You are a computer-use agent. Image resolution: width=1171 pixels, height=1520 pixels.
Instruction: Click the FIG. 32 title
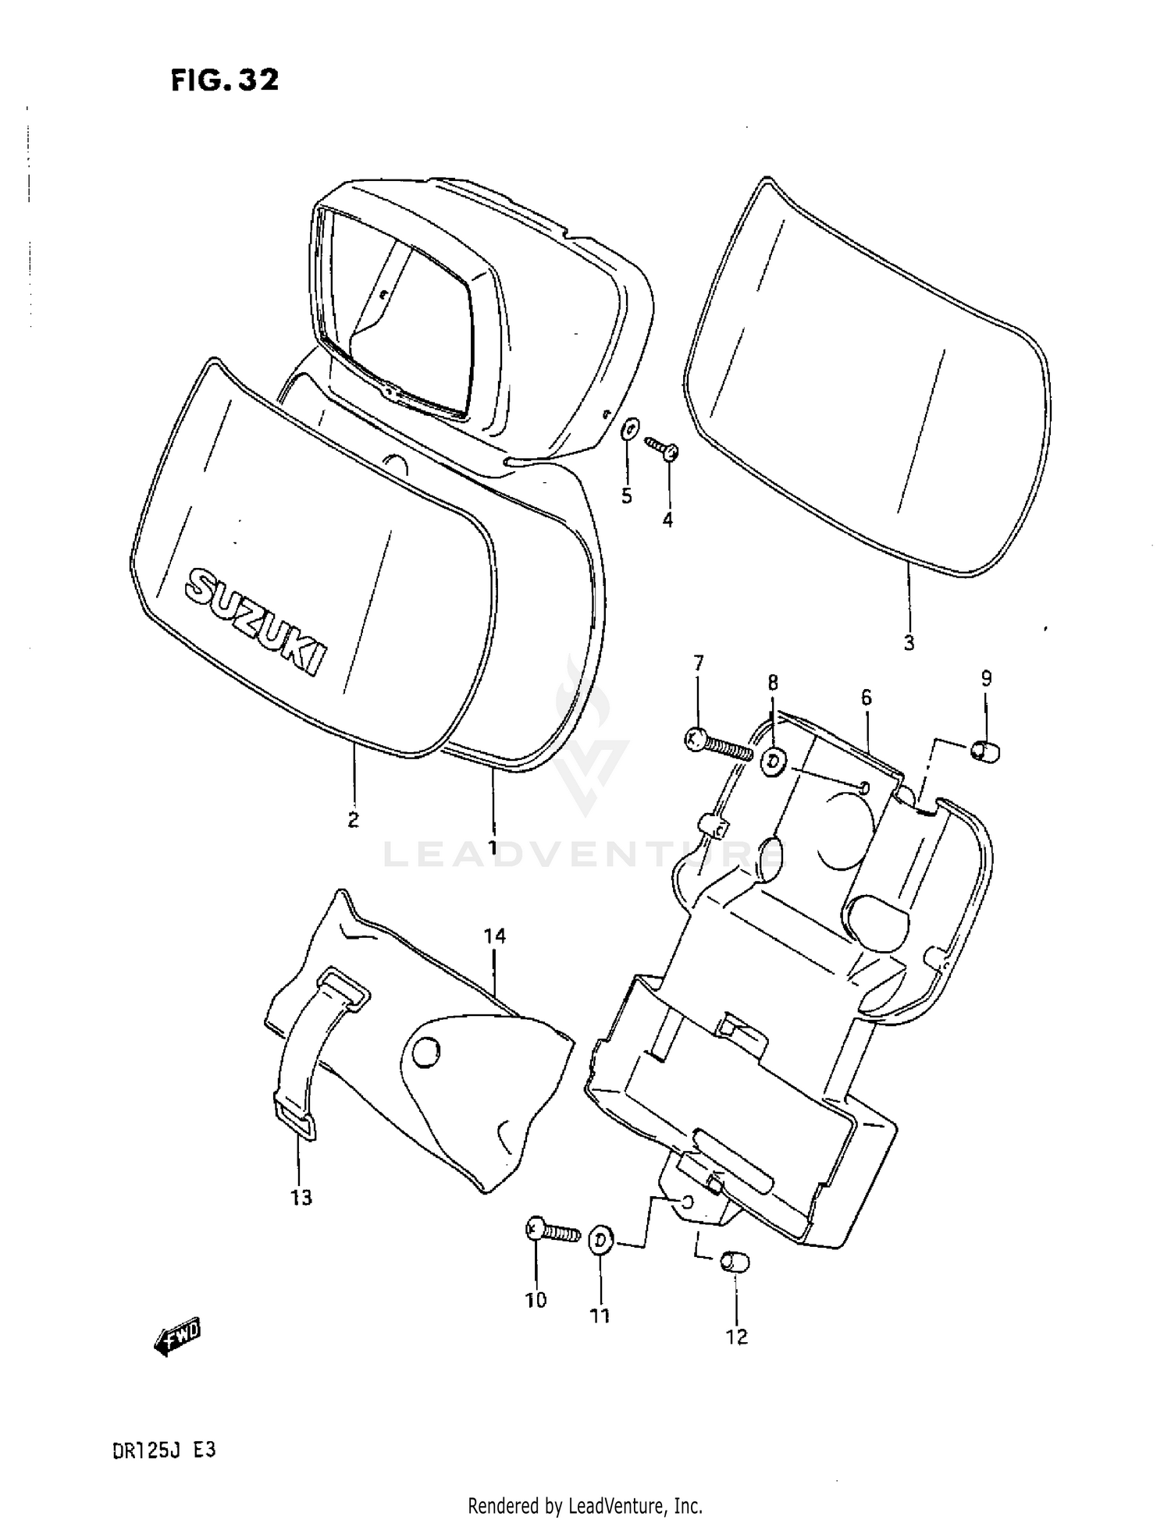tap(224, 80)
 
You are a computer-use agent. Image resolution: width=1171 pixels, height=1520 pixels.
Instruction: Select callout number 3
tap(909, 644)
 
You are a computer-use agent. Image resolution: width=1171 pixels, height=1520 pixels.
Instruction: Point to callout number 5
tap(627, 496)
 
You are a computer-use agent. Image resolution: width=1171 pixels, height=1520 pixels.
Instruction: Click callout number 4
tap(667, 520)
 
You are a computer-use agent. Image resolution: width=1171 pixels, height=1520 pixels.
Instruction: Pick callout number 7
tap(698, 663)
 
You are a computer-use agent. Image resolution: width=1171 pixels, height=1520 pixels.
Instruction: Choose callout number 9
tap(986, 678)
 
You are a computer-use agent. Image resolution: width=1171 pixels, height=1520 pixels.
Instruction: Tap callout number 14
tap(495, 936)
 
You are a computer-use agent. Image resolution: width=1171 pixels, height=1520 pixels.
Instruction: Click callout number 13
tap(301, 1198)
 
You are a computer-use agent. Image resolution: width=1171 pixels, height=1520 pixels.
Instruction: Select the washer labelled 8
tap(774, 762)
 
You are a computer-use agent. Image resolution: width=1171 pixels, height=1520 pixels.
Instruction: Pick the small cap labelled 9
tap(986, 751)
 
